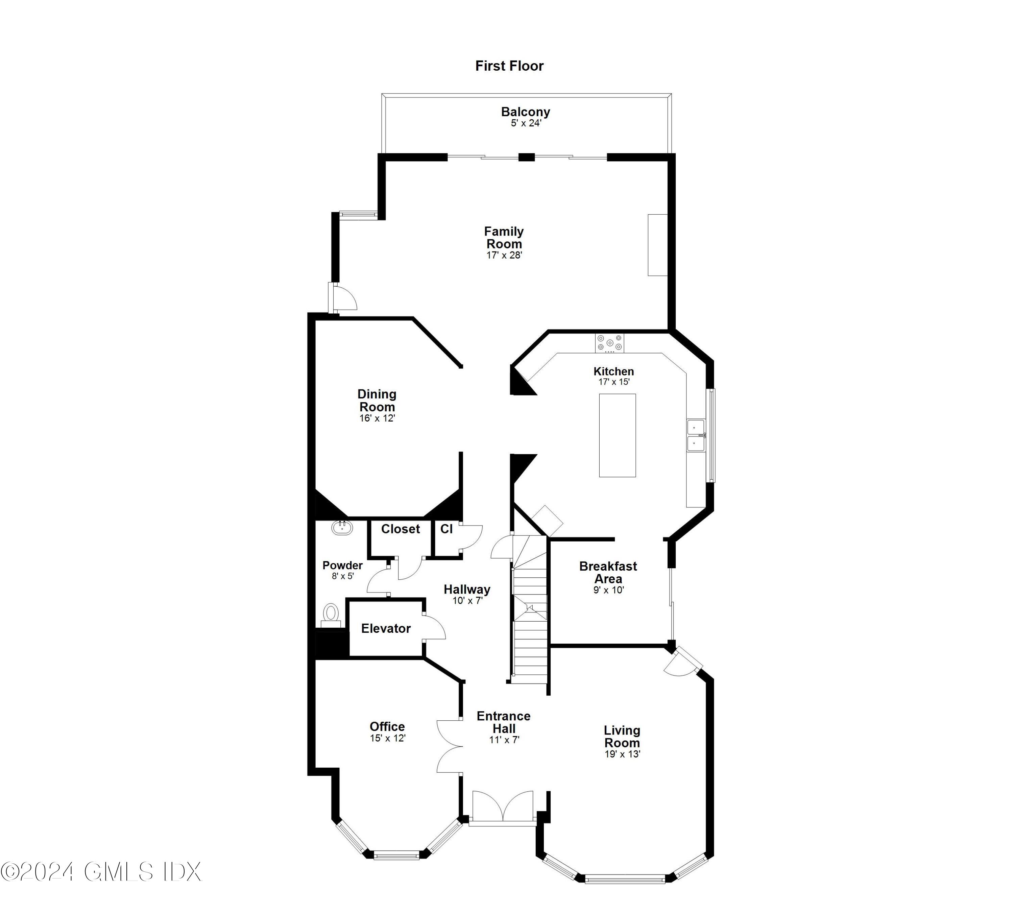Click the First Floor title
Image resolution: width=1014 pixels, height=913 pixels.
click(x=509, y=66)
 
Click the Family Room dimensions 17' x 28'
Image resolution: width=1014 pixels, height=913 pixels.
click(x=504, y=255)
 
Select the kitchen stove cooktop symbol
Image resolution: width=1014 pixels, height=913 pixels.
click(x=609, y=343)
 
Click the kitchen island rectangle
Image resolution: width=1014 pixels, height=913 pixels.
click(x=617, y=435)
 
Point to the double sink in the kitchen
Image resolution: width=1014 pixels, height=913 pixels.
click(x=696, y=435)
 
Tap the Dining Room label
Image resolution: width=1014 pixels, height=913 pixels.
click(x=377, y=400)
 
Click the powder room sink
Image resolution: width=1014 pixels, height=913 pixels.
click(x=342, y=528)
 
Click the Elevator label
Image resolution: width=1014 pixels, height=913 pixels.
click(x=386, y=628)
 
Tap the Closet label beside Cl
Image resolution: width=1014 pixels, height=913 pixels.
click(x=400, y=529)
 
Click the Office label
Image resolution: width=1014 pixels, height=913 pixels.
click(x=387, y=726)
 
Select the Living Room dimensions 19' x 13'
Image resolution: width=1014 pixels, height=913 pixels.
click(x=622, y=754)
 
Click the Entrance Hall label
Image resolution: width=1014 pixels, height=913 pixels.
click(x=504, y=722)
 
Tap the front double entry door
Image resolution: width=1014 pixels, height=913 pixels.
click(x=503, y=808)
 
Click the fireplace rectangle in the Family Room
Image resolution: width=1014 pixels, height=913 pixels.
click(x=657, y=245)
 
